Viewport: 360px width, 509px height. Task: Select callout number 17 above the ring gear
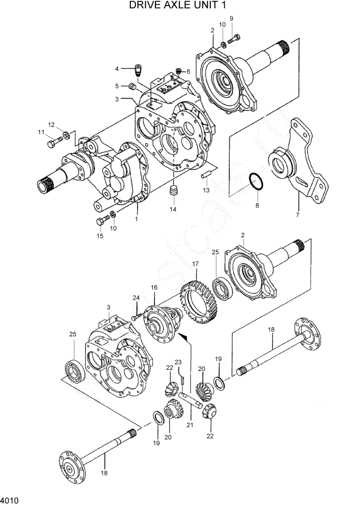tap(195, 264)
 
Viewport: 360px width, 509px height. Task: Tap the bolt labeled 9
tap(234, 36)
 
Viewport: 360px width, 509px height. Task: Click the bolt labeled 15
tap(101, 221)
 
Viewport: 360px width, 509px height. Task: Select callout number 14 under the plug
tap(173, 209)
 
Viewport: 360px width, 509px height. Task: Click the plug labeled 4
tap(137, 69)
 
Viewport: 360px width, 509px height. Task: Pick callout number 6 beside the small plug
tap(188, 71)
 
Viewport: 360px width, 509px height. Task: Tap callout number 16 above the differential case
tap(153, 288)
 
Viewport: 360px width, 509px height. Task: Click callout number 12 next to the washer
tap(51, 124)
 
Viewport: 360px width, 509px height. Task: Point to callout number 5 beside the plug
tap(117, 86)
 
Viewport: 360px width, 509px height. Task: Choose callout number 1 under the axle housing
tap(136, 219)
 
